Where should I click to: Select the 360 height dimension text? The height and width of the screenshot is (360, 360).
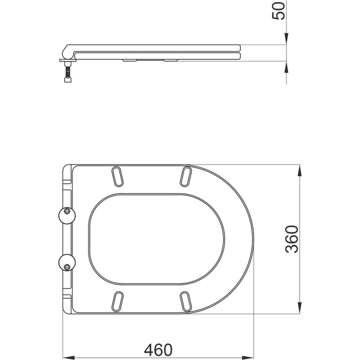pyautogui.click(x=292, y=239)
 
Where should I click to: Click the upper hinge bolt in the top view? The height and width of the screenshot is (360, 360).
pyautogui.click(x=67, y=212)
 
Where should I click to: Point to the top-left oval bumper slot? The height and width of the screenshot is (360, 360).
pyautogui.click(x=118, y=177)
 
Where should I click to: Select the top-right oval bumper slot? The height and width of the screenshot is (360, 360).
pyautogui.click(x=186, y=177)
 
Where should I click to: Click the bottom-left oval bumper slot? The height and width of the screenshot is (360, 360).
pyautogui.click(x=118, y=300)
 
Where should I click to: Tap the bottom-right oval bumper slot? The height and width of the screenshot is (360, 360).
pyautogui.click(x=186, y=300)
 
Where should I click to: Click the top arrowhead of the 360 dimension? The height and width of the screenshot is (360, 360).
pyautogui.click(x=301, y=170)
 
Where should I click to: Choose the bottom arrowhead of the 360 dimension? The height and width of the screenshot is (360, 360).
pyautogui.click(x=301, y=308)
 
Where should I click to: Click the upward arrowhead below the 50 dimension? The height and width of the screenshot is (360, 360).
pyautogui.click(x=286, y=66)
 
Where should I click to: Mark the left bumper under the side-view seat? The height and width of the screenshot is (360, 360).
pyautogui.click(x=129, y=61)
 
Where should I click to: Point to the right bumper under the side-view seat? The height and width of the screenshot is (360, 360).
pyautogui.click(x=170, y=61)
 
